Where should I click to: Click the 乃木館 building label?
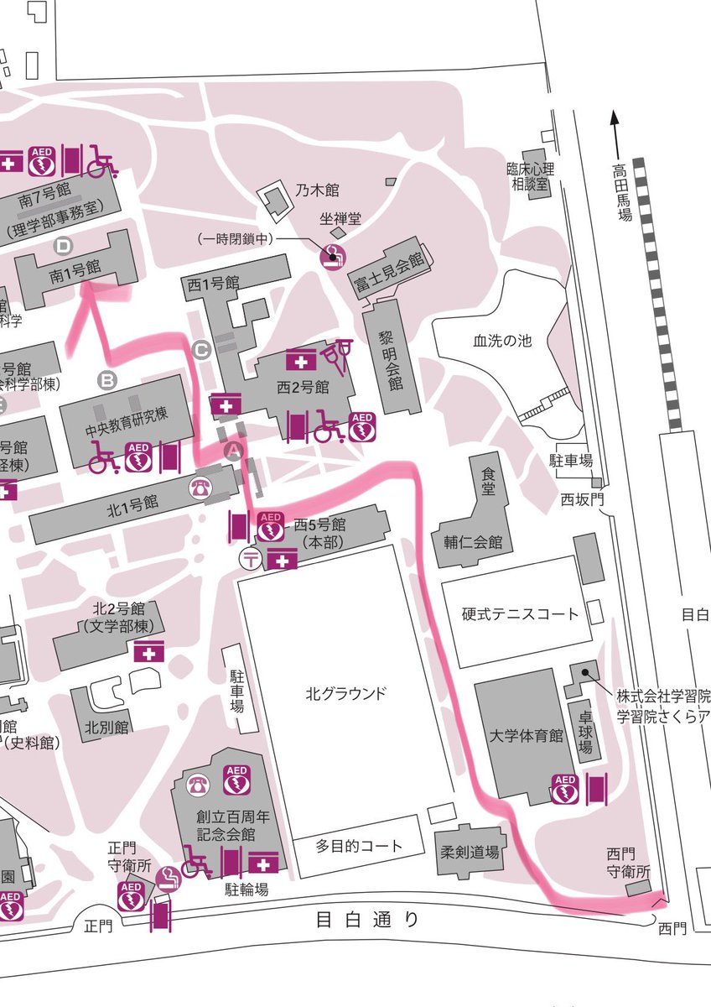click(x=317, y=191)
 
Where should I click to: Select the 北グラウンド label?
click(x=346, y=694)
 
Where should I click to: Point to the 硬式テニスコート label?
click(x=520, y=613)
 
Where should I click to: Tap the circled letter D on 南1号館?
click(x=64, y=246)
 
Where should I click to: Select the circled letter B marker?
click(x=108, y=380)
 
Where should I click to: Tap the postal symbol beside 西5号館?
click(x=249, y=557)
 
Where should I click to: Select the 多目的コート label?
click(x=359, y=845)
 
